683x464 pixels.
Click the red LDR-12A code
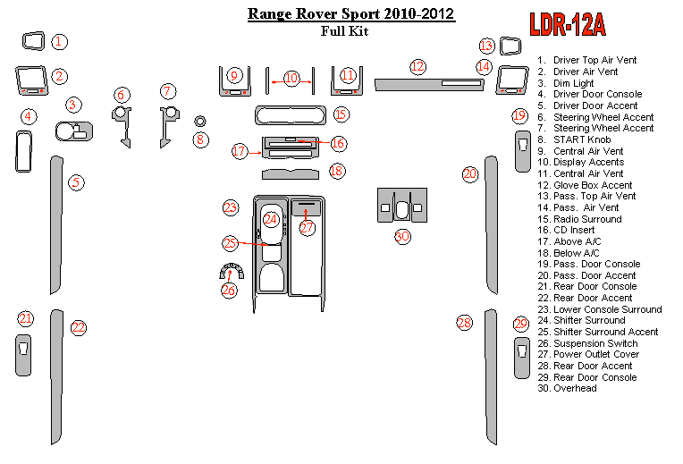(x=567, y=25)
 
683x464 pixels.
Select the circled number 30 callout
(x=402, y=236)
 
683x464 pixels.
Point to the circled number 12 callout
(x=417, y=66)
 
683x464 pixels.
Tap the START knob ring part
(x=200, y=121)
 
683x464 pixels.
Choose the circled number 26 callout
(x=229, y=289)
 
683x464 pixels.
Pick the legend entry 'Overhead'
(x=575, y=389)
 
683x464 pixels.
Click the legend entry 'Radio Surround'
(x=587, y=219)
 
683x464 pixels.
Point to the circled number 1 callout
(x=58, y=41)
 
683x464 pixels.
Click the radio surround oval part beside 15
(x=291, y=114)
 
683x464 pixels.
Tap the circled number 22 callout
(x=79, y=327)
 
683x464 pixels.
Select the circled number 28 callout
(x=463, y=323)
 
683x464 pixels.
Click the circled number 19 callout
(x=519, y=115)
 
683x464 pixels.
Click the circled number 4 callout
(x=29, y=116)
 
